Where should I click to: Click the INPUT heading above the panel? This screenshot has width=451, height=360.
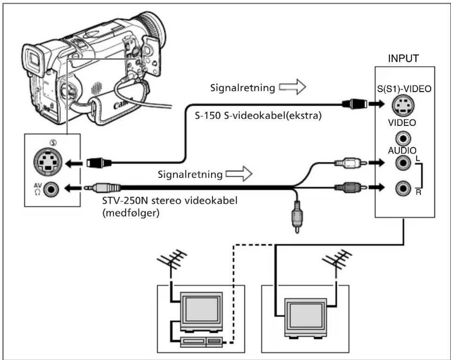404,58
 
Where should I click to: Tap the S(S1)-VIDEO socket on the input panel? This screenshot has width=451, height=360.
403,105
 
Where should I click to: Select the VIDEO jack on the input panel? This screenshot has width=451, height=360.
403,138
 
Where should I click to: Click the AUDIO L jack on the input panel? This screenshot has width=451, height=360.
403,163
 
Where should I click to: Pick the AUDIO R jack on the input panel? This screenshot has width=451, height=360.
403,188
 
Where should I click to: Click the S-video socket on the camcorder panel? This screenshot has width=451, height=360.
48,162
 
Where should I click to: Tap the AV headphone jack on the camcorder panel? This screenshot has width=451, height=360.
51,189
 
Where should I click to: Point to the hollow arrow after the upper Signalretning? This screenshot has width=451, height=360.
292,87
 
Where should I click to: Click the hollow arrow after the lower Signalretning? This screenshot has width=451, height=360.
239,173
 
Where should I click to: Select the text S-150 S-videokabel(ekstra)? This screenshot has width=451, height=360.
258,115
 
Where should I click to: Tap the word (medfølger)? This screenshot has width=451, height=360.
131,213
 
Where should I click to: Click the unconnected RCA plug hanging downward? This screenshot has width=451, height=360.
297,216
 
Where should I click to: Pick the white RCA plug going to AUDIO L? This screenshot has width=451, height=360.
350,163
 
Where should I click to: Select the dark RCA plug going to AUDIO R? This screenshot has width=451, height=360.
350,187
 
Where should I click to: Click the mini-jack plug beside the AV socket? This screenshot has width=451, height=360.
102,188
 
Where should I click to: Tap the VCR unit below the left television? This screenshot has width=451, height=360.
201,342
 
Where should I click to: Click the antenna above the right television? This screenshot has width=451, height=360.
337,261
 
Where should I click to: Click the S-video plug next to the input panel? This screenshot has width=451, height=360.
355,104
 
